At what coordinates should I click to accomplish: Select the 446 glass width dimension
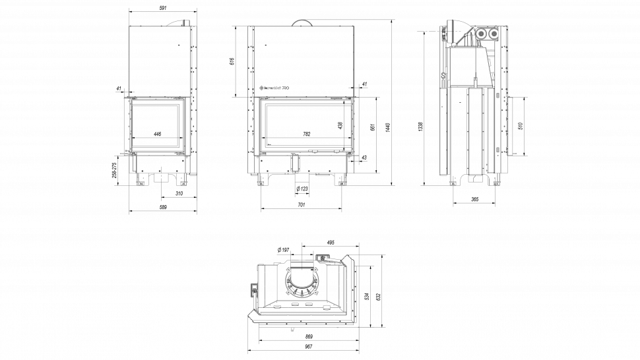[157, 134]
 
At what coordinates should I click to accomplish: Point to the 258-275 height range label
[114, 170]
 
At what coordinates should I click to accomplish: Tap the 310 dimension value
[179, 193]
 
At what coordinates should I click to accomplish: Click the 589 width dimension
[163, 207]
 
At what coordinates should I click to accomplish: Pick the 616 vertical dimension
[232, 61]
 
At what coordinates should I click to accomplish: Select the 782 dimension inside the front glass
[306, 134]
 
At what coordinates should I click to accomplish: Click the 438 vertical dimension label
[340, 125]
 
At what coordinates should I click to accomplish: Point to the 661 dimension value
[372, 127]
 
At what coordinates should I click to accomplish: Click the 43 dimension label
[364, 158]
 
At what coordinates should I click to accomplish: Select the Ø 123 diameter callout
[303, 189]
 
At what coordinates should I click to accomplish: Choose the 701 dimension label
[301, 205]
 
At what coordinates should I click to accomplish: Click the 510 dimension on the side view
[521, 126]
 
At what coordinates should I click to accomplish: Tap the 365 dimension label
[474, 199]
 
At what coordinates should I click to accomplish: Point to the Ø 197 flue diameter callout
[284, 249]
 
